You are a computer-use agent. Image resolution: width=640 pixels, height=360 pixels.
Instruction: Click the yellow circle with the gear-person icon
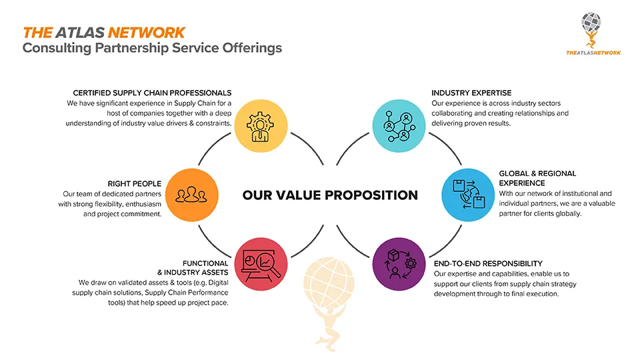pos(261,126)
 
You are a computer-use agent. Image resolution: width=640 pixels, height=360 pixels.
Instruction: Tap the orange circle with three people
pos(192,195)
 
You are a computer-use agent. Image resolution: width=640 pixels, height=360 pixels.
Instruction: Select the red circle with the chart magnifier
pos(261,264)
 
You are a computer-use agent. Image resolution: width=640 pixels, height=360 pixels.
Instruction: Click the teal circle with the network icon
pos(399,126)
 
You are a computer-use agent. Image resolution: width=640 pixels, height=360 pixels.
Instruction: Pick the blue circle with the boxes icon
pos(468,195)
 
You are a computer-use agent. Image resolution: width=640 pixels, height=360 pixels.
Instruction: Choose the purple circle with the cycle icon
pos(399,264)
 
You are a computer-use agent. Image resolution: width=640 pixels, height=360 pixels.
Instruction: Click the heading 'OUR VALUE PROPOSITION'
pos(330,195)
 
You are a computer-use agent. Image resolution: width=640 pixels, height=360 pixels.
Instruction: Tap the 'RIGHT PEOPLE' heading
pos(134,184)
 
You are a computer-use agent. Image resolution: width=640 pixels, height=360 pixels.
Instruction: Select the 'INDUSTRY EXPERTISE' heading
pos(471,93)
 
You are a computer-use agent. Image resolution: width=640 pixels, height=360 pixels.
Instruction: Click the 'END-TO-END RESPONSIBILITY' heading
pos(488,264)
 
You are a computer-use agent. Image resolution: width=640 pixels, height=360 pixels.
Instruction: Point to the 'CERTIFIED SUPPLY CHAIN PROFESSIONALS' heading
pos(152,93)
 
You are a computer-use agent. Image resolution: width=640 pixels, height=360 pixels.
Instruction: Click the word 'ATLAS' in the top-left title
pos(80,33)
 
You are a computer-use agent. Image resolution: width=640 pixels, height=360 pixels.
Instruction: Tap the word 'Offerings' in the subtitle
pos(252,48)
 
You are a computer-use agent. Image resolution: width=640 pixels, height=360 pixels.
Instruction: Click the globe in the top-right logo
pos(591,22)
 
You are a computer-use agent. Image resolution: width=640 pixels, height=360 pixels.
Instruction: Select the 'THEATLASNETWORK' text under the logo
pos(593,53)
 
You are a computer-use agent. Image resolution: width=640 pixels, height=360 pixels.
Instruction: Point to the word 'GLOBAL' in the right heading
pos(513,173)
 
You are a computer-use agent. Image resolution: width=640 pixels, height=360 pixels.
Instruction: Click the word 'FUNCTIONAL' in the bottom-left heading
pos(205,263)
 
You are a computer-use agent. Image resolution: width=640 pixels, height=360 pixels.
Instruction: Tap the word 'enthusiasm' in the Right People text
pos(143,204)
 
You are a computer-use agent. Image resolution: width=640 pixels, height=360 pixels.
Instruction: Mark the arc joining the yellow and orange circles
pos(211,146)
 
